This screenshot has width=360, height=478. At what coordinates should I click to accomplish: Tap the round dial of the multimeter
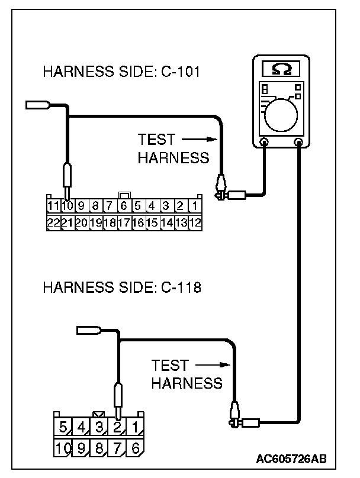click(282, 114)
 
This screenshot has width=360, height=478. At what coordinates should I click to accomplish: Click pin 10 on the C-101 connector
click(67, 206)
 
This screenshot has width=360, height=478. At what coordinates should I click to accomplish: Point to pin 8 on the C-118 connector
click(99, 448)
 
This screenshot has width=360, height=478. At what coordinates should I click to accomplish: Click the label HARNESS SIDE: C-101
click(121, 73)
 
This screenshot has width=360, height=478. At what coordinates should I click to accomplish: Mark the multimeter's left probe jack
click(265, 143)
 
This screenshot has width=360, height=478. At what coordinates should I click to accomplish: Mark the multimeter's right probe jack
click(299, 143)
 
